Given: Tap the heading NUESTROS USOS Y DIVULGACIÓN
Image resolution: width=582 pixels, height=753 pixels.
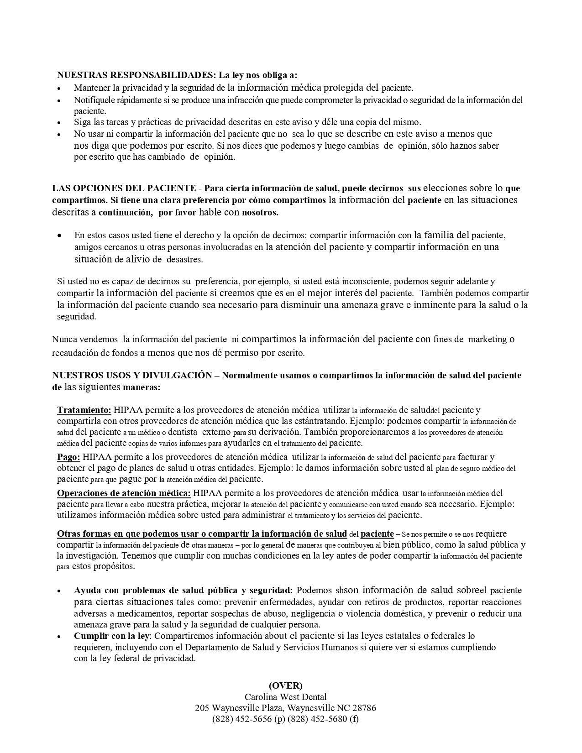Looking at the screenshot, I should (x=132, y=376).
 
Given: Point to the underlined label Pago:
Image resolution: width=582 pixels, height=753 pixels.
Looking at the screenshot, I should (x=68, y=457).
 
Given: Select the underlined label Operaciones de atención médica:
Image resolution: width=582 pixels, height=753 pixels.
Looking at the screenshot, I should (x=124, y=493).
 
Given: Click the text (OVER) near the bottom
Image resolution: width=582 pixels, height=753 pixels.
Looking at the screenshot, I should (x=285, y=685).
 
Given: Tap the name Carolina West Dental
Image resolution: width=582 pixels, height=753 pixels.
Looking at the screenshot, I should (x=285, y=697).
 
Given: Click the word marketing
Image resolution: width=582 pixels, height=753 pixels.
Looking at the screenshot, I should (x=487, y=339).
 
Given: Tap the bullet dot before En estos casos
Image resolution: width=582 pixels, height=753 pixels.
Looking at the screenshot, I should (x=59, y=236).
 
